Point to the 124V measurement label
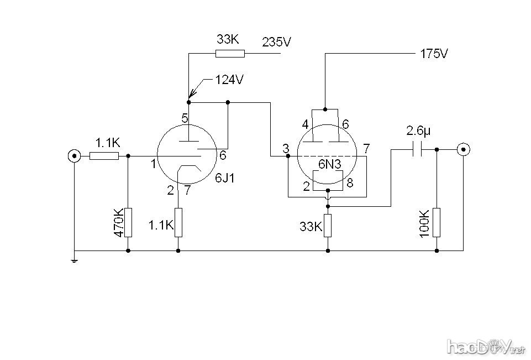coord(229,80)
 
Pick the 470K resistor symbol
coord(128,222)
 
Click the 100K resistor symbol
coord(437,222)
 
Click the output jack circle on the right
coord(463,149)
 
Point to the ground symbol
coord(73,259)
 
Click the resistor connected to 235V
coord(229,54)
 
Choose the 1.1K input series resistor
coord(104,156)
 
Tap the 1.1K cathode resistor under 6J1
coord(178,222)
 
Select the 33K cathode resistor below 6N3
coord(328,225)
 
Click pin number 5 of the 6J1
coord(185,118)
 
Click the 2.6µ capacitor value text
coord(418,131)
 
